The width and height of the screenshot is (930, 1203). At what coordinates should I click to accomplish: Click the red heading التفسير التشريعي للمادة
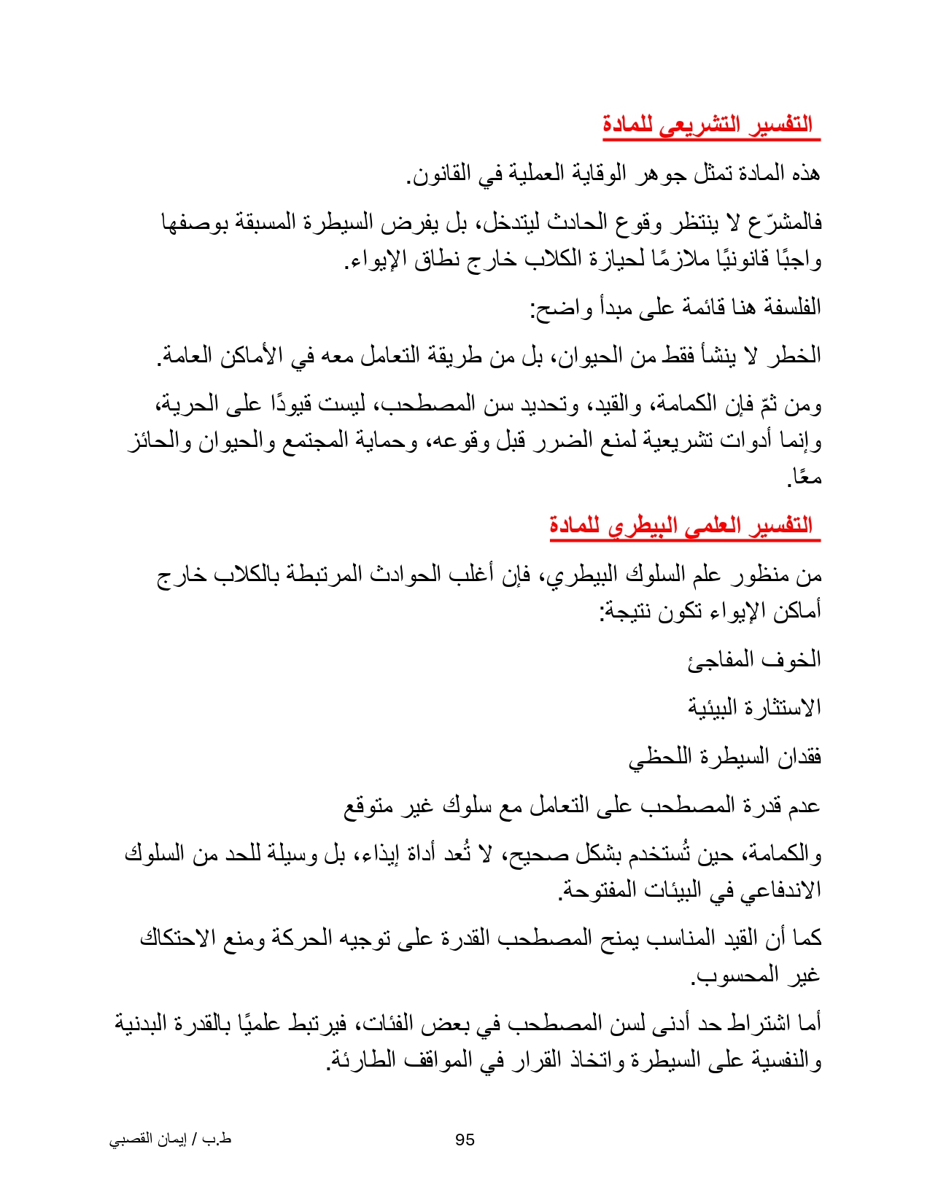(708, 125)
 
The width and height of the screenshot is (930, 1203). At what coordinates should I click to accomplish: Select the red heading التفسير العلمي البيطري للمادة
(681, 526)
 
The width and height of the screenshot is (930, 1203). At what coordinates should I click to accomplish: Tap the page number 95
(465, 1140)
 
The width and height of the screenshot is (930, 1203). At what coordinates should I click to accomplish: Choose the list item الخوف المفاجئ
(754, 660)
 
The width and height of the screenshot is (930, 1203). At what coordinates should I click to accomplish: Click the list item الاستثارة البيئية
(754, 707)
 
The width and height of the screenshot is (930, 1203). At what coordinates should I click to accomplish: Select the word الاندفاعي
(785, 890)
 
